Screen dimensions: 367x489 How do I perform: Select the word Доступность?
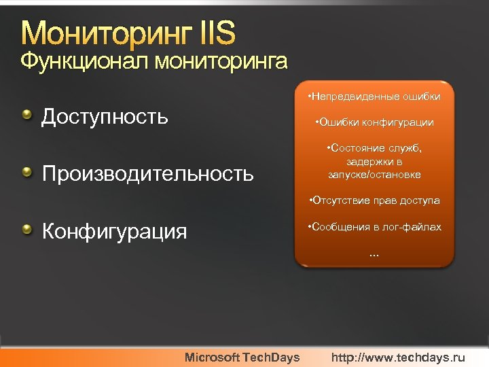pos(105,117)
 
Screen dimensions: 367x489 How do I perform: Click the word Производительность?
pos(147,174)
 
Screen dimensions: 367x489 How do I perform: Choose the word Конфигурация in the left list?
pos(114,232)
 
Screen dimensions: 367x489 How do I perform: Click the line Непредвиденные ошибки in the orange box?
pos(374,97)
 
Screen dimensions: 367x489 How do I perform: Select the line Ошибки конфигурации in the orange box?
pos(374,123)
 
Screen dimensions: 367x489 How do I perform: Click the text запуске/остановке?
pos(374,175)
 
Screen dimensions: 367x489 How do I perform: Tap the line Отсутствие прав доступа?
pos(374,200)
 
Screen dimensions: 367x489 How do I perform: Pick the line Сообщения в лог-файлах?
pos(374,226)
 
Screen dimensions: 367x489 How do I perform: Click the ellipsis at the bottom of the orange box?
pos(374,254)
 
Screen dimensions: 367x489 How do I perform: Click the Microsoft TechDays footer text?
pos(242,357)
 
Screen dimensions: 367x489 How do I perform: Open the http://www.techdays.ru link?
pos(399,357)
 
